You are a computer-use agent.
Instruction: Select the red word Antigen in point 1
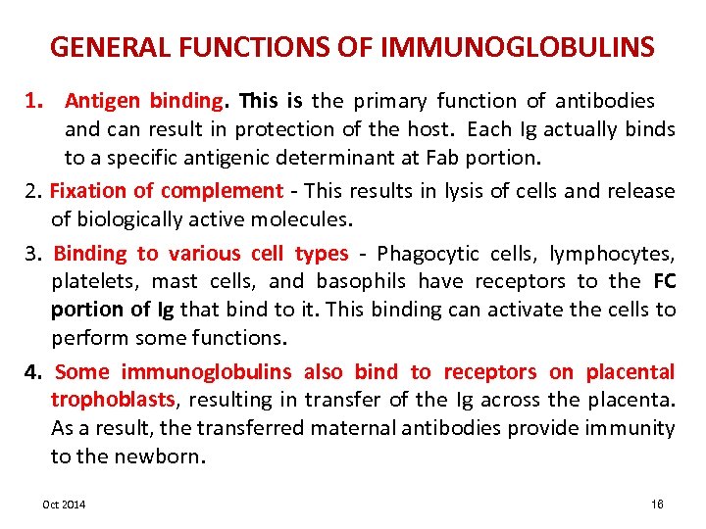[103, 100]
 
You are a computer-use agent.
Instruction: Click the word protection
[291, 128]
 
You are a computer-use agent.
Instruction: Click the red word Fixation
[88, 190]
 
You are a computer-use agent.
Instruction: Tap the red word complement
[222, 190]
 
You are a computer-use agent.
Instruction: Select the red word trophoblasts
[112, 399]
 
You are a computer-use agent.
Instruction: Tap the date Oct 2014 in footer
[64, 504]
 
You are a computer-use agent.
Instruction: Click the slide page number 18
[656, 504]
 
